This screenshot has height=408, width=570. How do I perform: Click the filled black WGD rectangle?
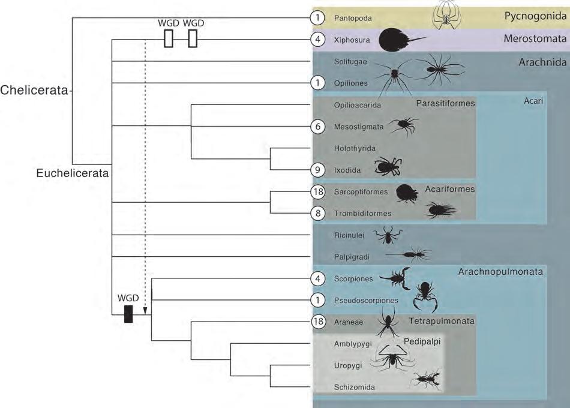[x=128, y=314]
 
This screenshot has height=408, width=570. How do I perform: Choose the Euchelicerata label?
[x=71, y=174]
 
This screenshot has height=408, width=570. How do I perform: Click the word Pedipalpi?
[x=422, y=340]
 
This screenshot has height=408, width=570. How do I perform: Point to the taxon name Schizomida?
[x=354, y=388]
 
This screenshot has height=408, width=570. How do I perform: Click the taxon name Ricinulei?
[x=349, y=236]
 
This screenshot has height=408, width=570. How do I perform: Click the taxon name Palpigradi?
[x=351, y=257]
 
